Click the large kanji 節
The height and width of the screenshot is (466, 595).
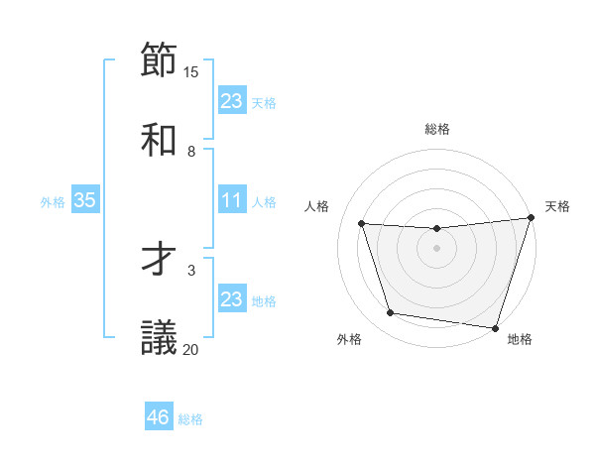tap(159, 61)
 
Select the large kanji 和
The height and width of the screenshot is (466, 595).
tap(159, 140)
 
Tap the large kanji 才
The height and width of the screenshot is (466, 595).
tap(159, 258)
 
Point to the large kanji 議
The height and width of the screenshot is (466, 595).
tap(159, 337)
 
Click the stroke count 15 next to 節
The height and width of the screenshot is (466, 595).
tap(190, 71)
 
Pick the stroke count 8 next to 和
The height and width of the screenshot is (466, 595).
tap(190, 151)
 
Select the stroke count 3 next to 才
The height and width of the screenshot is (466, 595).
tap(190, 269)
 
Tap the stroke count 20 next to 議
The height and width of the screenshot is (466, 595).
tap(190, 348)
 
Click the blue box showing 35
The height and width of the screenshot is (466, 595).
tap(84, 200)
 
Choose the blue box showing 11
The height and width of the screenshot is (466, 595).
tap(231, 200)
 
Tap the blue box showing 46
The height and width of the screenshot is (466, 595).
tap(158, 417)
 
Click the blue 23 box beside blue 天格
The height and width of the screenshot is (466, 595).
tap(231, 101)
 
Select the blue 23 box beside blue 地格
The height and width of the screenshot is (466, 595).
tap(231, 299)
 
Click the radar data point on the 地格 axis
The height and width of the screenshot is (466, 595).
tap(495, 327)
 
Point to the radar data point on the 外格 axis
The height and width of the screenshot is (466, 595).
tap(391, 313)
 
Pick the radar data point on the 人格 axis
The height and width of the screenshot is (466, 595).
tap(362, 224)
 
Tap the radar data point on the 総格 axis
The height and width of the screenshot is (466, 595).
tap(436, 229)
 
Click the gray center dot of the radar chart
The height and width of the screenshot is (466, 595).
tap(436, 248)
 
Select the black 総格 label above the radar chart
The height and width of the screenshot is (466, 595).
tap(436, 129)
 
